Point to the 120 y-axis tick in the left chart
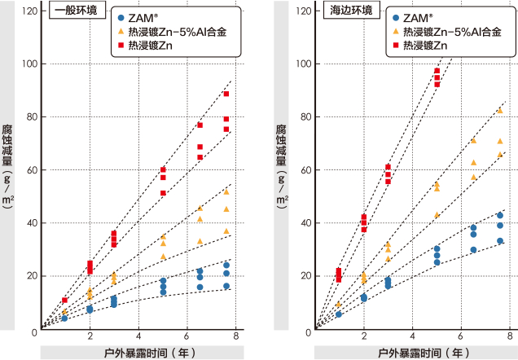(30, 11)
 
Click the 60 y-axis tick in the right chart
(302, 170)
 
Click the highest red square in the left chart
(226, 94)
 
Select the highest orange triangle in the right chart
(500, 111)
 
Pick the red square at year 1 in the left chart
(64, 301)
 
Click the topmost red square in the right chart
(437, 71)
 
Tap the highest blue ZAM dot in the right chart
(500, 215)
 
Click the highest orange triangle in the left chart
(226, 191)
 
